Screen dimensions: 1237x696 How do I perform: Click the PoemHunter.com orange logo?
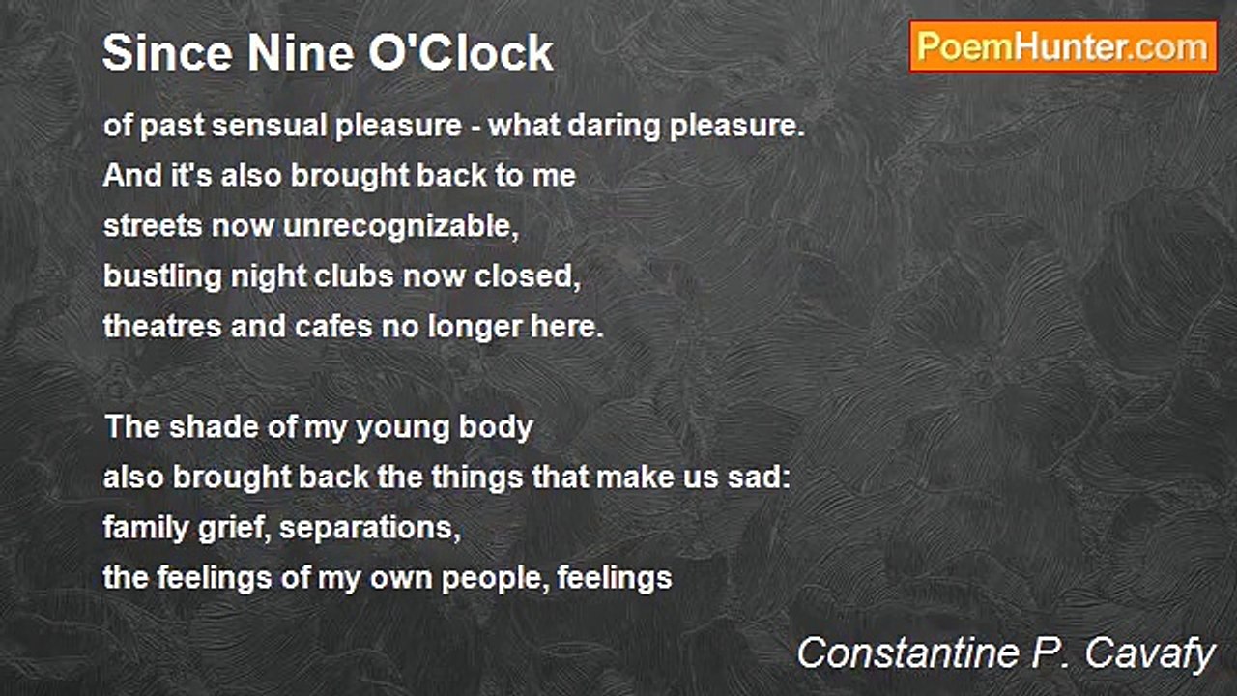(1063, 47)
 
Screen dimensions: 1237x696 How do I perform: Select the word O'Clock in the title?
(461, 52)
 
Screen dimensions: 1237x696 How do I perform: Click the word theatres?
(162, 327)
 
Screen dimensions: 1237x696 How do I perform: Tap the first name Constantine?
(907, 653)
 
